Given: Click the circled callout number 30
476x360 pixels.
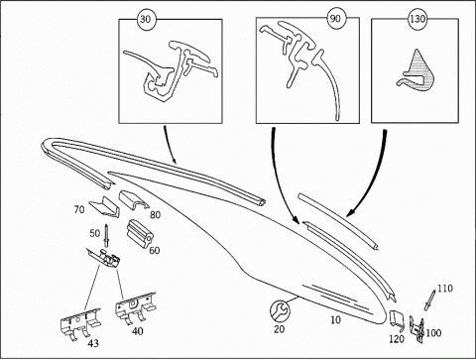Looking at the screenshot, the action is (x=146, y=19).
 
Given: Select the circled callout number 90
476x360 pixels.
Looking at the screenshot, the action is (x=335, y=19).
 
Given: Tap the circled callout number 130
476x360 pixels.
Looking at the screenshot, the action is (x=417, y=19).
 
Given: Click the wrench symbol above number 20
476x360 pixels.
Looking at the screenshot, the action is (x=280, y=311).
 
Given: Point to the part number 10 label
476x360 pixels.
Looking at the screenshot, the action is (x=335, y=319).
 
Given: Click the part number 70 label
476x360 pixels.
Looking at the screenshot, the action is (x=79, y=209).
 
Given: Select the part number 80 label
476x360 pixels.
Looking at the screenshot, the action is (x=155, y=215).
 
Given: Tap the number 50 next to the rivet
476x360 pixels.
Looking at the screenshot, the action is (x=95, y=233).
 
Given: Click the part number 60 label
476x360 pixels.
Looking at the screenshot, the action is (x=155, y=250).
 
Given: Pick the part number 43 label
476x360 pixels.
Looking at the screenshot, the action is (x=93, y=343).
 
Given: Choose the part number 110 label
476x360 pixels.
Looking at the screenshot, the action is (x=445, y=289).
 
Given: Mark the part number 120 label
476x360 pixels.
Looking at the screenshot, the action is (x=397, y=339).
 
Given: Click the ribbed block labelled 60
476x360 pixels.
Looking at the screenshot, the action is (x=139, y=233).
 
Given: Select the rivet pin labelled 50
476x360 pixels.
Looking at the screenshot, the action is (x=107, y=235).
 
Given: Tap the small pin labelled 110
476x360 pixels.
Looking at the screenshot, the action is (x=429, y=300).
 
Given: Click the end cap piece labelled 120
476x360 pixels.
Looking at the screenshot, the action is (x=396, y=319).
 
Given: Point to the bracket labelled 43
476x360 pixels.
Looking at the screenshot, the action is (x=80, y=323).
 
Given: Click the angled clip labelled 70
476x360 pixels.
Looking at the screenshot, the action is (x=104, y=206).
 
